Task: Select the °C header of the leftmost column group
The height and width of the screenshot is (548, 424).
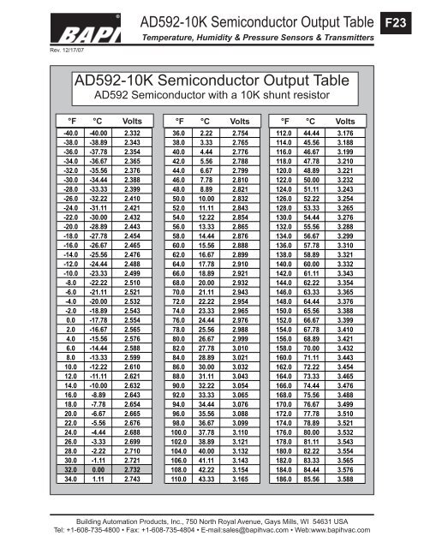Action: (98, 120)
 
